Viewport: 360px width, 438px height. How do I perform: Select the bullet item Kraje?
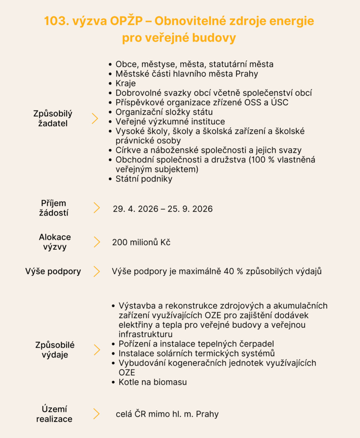(x=125, y=83)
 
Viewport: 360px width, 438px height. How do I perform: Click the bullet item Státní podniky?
(x=144, y=179)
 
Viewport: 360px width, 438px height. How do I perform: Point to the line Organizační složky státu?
(x=164, y=112)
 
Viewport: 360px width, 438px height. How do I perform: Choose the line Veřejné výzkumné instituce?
(x=170, y=121)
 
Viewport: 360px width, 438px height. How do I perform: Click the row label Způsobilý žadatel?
(x=53, y=118)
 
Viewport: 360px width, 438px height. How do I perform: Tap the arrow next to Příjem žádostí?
(x=97, y=208)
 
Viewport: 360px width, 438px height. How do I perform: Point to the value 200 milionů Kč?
(x=141, y=243)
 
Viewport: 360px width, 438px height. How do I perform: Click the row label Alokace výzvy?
(x=55, y=242)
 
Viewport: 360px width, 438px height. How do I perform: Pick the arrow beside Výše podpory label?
(x=97, y=271)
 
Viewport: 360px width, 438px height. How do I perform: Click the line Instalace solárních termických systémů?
(x=196, y=353)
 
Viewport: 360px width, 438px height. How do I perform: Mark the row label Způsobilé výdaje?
(x=55, y=349)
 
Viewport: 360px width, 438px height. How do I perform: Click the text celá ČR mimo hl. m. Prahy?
(x=167, y=414)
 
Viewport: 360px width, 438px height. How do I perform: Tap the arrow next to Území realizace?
(x=97, y=414)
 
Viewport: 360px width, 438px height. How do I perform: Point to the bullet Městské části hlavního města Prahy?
(x=186, y=74)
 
